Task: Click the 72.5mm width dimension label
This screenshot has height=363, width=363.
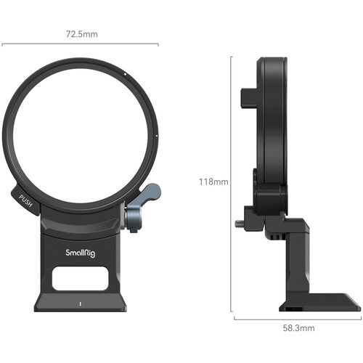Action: pos(80,33)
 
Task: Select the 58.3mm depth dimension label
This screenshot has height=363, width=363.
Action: pos(298,328)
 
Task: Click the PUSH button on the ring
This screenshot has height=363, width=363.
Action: pos(25,198)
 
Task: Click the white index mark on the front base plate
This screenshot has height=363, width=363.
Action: pos(80,303)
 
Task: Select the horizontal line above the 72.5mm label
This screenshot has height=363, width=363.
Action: pos(80,44)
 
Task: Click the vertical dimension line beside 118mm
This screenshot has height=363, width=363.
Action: pos(232,181)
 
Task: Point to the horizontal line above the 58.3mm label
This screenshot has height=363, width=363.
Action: pos(298,317)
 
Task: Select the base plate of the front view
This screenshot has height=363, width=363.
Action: pos(80,299)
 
